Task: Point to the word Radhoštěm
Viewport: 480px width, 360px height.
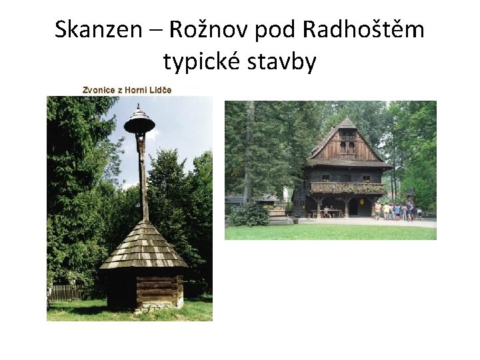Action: [363, 30]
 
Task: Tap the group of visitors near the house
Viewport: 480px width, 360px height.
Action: [397, 211]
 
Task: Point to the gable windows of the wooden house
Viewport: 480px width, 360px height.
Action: [347, 147]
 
